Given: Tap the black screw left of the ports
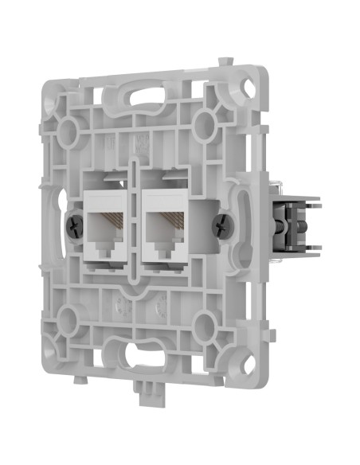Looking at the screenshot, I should [73, 225].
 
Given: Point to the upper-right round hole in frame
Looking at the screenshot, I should [205, 121].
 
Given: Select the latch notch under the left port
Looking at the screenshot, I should [109, 248].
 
